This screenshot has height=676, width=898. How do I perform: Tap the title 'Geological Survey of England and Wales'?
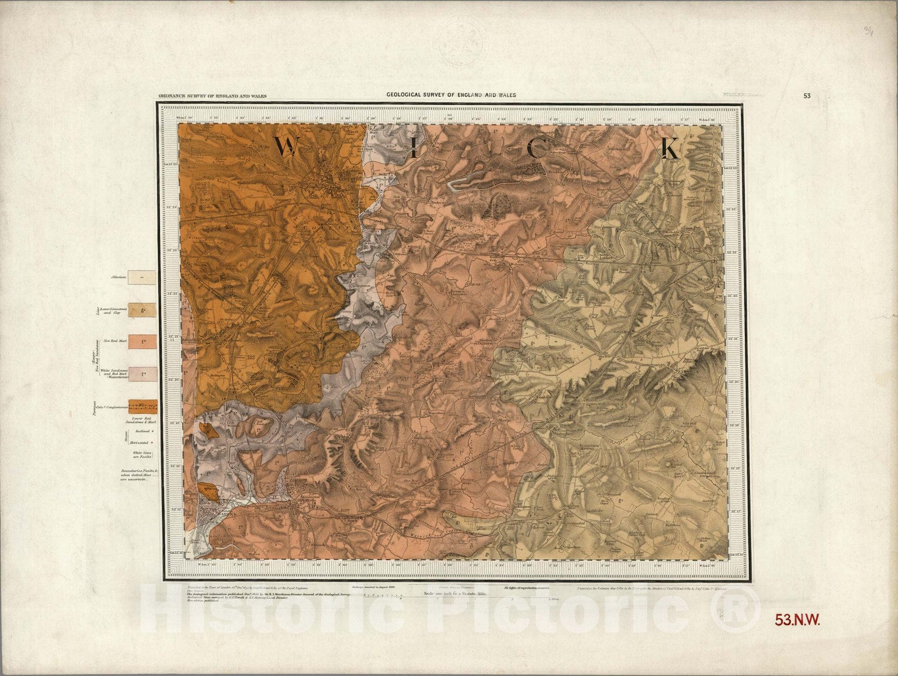pyautogui.click(x=451, y=95)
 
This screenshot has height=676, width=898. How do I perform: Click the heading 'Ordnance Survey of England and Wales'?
pyautogui.click(x=212, y=96)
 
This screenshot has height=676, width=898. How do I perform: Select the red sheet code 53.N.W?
pyautogui.click(x=798, y=620)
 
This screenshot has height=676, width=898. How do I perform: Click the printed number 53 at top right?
pyautogui.click(x=807, y=95)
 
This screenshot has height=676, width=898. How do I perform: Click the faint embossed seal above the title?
pyautogui.click(x=460, y=45)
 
